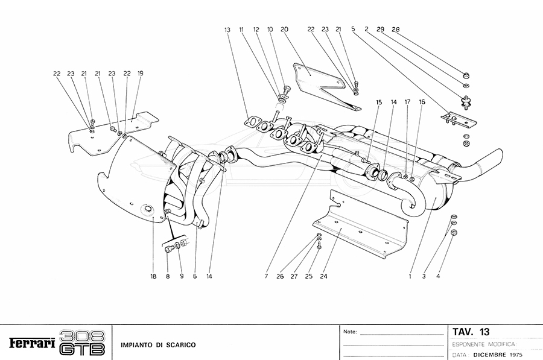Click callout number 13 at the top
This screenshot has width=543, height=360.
pyautogui.click(x=227, y=30)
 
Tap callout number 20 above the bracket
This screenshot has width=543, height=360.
pyautogui.click(x=284, y=30)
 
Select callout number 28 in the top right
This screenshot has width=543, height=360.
pyautogui.click(x=396, y=29)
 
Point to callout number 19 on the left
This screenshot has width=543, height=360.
pyautogui.click(x=140, y=74)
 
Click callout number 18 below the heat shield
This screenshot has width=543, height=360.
pyautogui.click(x=153, y=277)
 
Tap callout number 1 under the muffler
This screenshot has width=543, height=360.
pyautogui.click(x=410, y=277)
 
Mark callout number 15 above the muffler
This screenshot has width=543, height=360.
pyautogui.click(x=379, y=103)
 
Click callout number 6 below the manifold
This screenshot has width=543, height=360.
pyautogui.click(x=195, y=277)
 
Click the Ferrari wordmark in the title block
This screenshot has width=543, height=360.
pyautogui.click(x=32, y=344)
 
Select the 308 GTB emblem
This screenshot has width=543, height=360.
pyautogui.click(x=83, y=342)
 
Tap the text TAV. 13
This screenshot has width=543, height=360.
pyautogui.click(x=471, y=332)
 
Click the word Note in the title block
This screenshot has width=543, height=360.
pyautogui.click(x=350, y=332)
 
